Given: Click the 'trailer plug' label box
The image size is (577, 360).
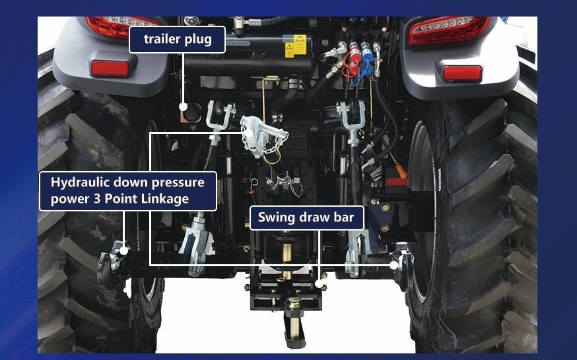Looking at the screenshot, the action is tap(177, 40).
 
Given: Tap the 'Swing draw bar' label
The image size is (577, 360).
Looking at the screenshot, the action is tap(306, 217).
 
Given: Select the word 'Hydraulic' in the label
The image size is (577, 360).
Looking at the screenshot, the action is tap(79, 182).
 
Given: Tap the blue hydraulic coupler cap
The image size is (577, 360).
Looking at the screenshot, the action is tap(366, 52).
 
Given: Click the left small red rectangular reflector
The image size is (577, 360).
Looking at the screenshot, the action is tap(110, 69).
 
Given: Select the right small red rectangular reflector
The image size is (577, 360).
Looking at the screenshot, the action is tap(462, 73).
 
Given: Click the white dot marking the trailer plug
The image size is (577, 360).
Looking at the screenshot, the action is tap(183, 107).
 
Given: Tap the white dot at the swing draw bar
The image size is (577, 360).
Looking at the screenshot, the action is tap(319, 284).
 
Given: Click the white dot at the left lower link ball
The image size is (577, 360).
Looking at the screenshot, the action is tap(124, 250).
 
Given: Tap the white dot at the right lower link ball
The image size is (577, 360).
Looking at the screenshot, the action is tap(393, 265).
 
